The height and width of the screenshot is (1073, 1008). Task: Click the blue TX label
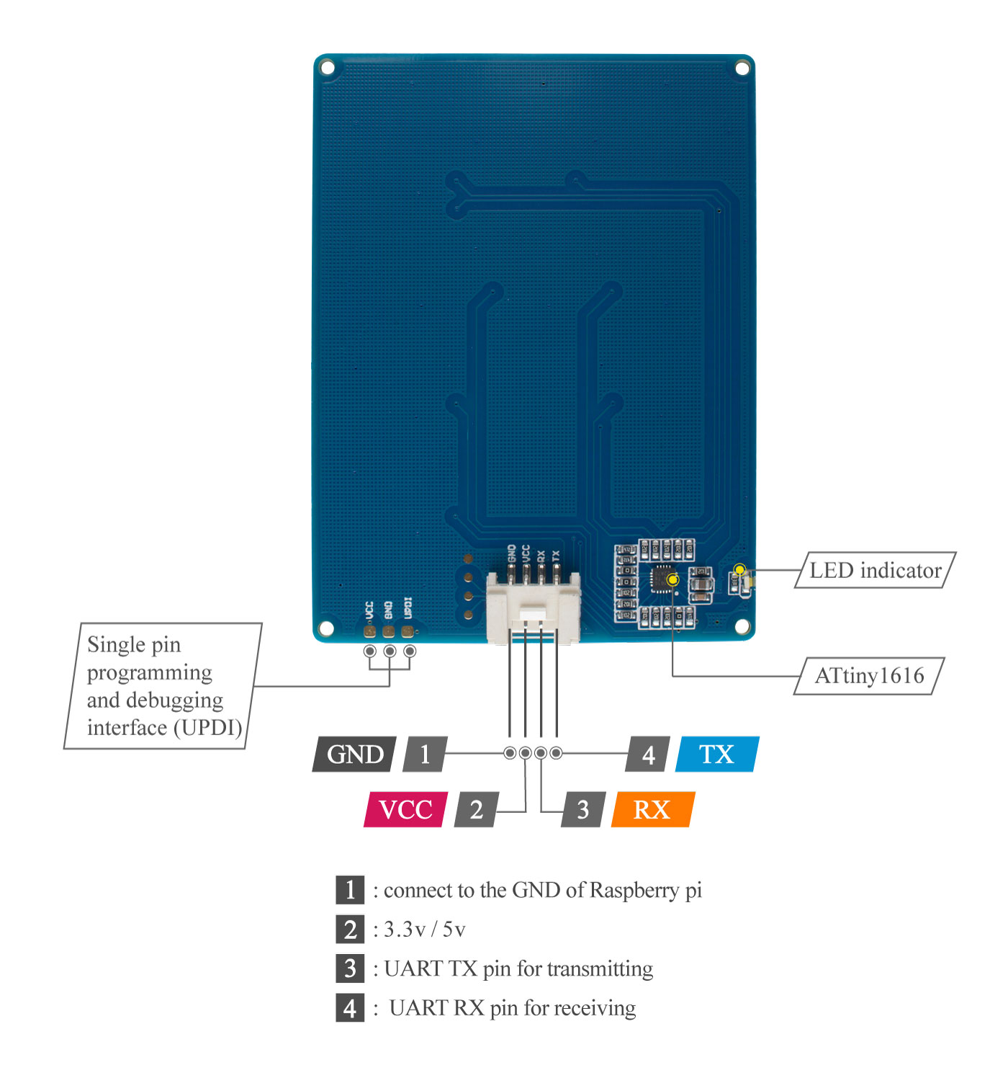(716, 754)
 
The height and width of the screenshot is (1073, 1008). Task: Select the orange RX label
(652, 809)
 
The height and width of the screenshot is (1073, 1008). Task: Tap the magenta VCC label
(405, 809)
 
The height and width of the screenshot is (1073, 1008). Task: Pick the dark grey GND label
(354, 754)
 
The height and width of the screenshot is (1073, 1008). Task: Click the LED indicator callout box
(875, 571)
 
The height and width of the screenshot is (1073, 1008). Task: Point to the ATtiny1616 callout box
(868, 676)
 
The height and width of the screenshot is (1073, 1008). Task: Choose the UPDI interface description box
(163, 686)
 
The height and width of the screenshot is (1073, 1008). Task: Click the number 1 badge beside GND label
(426, 754)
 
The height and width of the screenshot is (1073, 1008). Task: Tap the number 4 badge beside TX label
(649, 754)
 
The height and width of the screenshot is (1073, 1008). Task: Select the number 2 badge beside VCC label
(476, 809)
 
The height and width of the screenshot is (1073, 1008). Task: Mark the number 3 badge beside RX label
(583, 809)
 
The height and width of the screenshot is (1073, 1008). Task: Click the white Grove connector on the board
(534, 605)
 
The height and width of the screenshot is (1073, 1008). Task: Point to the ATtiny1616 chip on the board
(663, 579)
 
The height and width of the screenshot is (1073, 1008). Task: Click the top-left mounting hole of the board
(328, 68)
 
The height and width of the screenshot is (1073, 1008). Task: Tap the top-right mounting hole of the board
(742, 68)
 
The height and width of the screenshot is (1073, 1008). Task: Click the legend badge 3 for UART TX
(350, 968)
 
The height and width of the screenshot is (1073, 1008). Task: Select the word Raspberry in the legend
(634, 891)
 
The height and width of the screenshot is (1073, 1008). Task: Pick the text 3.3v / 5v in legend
(424, 930)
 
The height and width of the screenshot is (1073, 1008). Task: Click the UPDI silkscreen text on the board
(408, 608)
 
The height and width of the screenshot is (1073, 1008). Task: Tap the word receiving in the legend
(595, 1007)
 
